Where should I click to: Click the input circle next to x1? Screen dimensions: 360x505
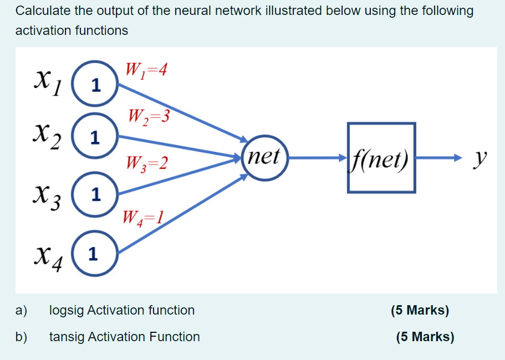[x=95, y=85]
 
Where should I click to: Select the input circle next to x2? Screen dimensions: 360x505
[x=95, y=137]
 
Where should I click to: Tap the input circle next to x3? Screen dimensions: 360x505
[x=95, y=194]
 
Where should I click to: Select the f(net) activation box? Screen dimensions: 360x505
[x=381, y=158]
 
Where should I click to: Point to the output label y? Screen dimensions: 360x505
[x=477, y=159]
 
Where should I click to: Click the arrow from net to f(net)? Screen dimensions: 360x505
[x=316, y=158]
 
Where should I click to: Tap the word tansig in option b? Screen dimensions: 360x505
[x=65, y=337]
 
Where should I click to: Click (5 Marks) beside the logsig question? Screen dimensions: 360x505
[x=420, y=310]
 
